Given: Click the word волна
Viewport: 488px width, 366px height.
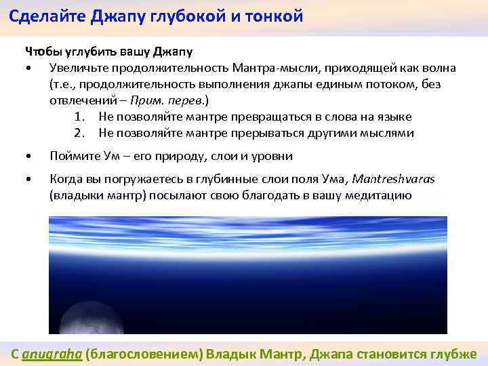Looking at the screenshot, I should click(x=439, y=68).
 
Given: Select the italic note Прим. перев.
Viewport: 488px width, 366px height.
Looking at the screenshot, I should click(x=179, y=101).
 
